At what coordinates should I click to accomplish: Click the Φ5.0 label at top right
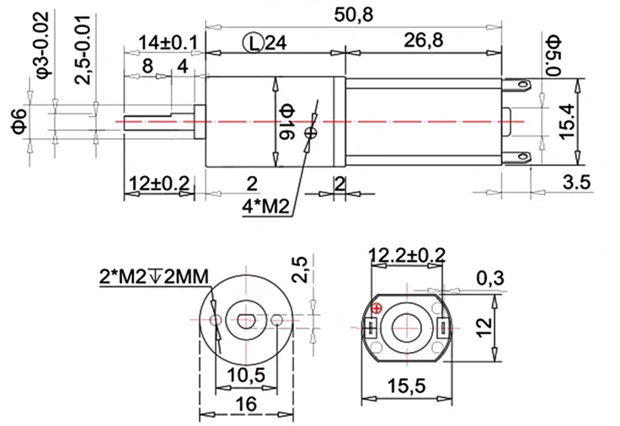coord(553,53)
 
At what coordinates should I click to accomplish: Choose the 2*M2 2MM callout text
coord(152,274)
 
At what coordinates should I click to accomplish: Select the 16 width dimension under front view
coord(246,405)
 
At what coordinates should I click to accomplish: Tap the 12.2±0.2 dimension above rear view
coord(407,255)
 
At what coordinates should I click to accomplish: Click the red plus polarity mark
coord(377,309)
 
